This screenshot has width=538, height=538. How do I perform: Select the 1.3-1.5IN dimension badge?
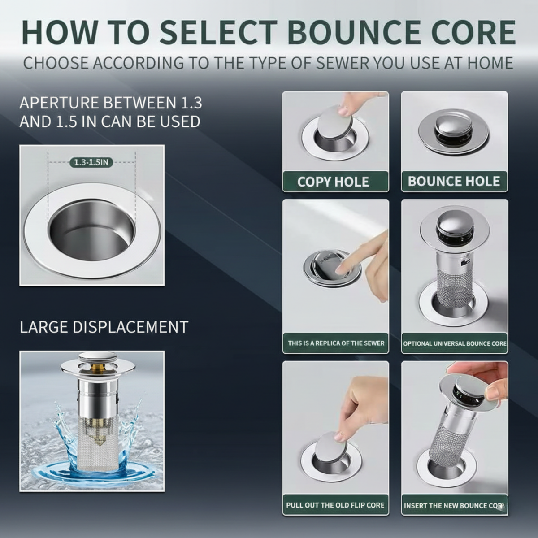pyautogui.click(x=91, y=162)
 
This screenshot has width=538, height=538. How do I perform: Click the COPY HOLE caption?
pyautogui.click(x=333, y=182)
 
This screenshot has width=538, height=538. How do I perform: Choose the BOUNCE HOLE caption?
pyautogui.click(x=454, y=181)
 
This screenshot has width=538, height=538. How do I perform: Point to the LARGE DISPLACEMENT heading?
pyautogui.click(x=104, y=327)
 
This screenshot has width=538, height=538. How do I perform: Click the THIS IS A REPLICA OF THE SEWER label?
pyautogui.click(x=336, y=343)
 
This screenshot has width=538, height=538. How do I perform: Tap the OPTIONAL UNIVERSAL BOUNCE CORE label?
pyautogui.click(x=455, y=343)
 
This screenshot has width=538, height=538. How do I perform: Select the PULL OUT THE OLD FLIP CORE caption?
pyautogui.click(x=335, y=505)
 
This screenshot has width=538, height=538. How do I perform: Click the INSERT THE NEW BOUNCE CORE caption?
pyautogui.click(x=454, y=506)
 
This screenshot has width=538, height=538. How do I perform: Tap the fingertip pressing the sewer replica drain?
pyautogui.click(x=341, y=269)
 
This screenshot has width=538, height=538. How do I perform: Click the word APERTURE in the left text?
pyautogui.click(x=59, y=103)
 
